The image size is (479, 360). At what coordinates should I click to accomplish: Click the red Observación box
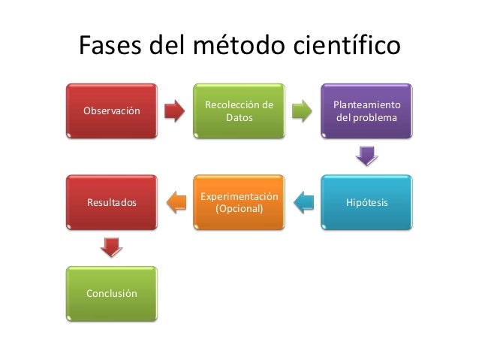(112, 111)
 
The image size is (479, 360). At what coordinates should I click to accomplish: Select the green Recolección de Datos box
(239, 111)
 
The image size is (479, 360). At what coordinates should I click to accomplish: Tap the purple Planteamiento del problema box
(366, 111)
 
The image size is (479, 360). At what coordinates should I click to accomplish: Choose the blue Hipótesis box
(366, 203)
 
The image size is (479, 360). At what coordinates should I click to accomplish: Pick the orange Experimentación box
(239, 203)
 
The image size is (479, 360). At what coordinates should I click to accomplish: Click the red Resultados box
(112, 203)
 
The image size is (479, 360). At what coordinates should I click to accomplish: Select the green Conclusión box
(112, 293)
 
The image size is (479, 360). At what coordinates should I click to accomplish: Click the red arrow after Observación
(175, 110)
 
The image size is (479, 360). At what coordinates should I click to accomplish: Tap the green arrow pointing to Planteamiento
(303, 110)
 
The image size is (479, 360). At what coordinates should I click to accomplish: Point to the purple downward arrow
(366, 156)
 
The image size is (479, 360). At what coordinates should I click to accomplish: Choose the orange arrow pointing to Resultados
(176, 201)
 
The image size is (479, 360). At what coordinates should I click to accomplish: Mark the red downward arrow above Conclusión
(111, 247)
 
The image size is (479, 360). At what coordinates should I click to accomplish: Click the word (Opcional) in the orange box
(239, 208)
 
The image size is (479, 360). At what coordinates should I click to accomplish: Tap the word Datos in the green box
(239, 118)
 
